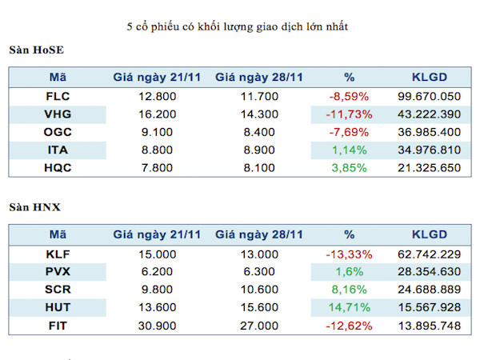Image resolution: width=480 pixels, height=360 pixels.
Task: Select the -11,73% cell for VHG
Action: pyautogui.click(x=349, y=115)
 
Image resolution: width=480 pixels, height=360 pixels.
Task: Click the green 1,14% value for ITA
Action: pyautogui.click(x=349, y=150)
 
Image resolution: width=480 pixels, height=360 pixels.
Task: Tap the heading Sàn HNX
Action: pyautogui.click(x=35, y=208)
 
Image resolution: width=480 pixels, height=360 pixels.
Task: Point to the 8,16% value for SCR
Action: pyautogui.click(x=349, y=290)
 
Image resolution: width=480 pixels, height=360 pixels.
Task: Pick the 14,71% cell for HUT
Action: pyautogui.click(x=349, y=307)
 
